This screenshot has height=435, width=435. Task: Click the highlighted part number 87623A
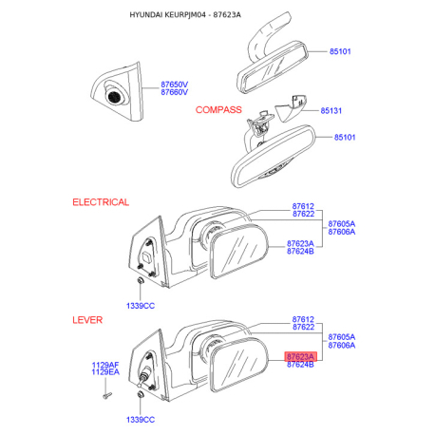(300, 356)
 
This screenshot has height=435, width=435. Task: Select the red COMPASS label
(218, 110)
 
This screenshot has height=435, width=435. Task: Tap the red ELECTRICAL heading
(101, 202)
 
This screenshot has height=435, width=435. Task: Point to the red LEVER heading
(87, 320)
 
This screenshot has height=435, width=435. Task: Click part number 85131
(331, 110)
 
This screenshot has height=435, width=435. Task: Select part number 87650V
(175, 85)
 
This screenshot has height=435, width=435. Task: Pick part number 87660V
(175, 92)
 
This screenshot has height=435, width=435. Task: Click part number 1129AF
(105, 365)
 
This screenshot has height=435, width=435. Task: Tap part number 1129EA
(105, 372)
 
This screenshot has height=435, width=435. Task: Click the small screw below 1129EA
(107, 395)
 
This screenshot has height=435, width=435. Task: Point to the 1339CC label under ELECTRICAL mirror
(141, 306)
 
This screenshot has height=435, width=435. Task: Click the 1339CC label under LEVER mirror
(141, 420)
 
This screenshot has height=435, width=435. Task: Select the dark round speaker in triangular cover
(114, 96)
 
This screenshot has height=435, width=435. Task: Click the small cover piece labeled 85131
(291, 108)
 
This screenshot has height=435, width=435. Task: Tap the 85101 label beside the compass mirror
(345, 138)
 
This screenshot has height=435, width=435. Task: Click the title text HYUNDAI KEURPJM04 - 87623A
(185, 14)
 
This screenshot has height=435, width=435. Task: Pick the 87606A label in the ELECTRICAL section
(342, 232)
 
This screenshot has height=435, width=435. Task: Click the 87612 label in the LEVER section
(303, 319)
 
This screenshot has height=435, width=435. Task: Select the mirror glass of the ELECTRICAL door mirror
(239, 251)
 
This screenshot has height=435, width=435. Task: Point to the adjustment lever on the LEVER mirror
(142, 378)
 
